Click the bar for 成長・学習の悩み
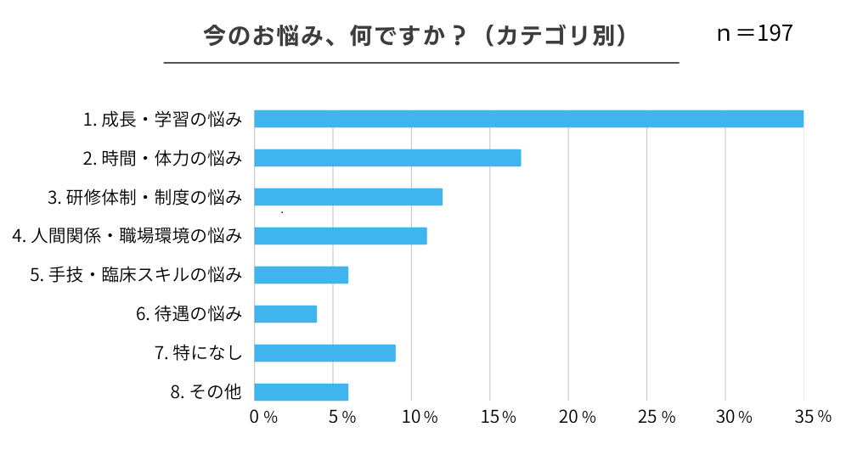click(x=528, y=119)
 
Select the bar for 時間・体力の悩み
click(x=387, y=158)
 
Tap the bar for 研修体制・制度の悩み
click(x=348, y=197)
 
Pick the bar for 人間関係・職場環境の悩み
click(x=341, y=236)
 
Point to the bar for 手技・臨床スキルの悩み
click(x=302, y=275)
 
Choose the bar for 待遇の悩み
click(x=285, y=314)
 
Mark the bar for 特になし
click(x=324, y=353)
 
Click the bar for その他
click(x=302, y=392)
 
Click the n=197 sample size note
click(x=755, y=34)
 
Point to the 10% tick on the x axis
click(x=420, y=417)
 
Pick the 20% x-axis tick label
click(x=577, y=417)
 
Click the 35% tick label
click(x=813, y=417)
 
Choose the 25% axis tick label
click(x=657, y=417)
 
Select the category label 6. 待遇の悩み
click(x=189, y=314)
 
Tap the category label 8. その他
click(x=206, y=392)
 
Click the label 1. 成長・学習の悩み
click(x=162, y=120)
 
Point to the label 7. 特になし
click(x=198, y=353)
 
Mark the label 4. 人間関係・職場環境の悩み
click(x=127, y=236)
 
